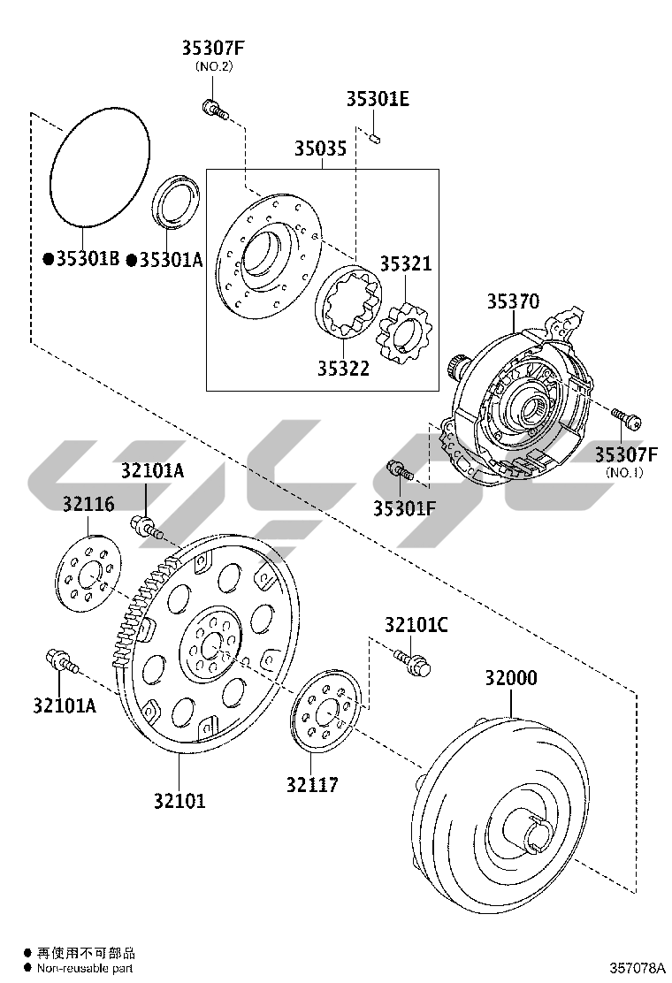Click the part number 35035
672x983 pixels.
point(320,149)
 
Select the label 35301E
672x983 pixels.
point(378,99)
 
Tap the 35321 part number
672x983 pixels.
point(406,264)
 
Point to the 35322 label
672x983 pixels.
point(343,369)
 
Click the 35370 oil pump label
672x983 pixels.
point(512,301)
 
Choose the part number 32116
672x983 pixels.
point(88,504)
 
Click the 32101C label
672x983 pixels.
point(416,625)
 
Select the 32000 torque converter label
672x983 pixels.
point(510,678)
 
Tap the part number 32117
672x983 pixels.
point(311,784)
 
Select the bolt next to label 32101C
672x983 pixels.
point(411,662)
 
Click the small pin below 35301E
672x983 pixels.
point(376,136)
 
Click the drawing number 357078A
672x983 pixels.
point(637,969)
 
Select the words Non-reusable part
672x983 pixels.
point(85,969)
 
